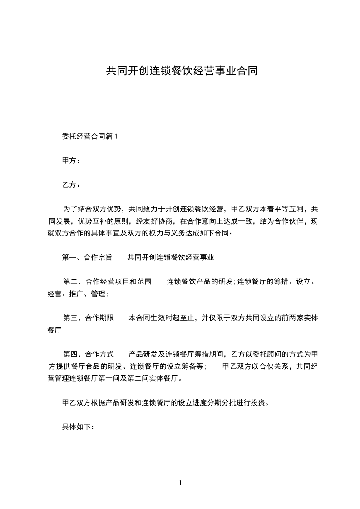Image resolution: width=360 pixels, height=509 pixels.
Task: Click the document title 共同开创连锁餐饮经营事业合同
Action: tap(182, 71)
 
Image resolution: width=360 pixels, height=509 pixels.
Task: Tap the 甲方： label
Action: tap(71, 161)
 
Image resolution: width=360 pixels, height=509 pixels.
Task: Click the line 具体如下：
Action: tap(78, 427)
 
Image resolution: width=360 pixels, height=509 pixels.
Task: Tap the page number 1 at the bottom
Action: tap(180, 483)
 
